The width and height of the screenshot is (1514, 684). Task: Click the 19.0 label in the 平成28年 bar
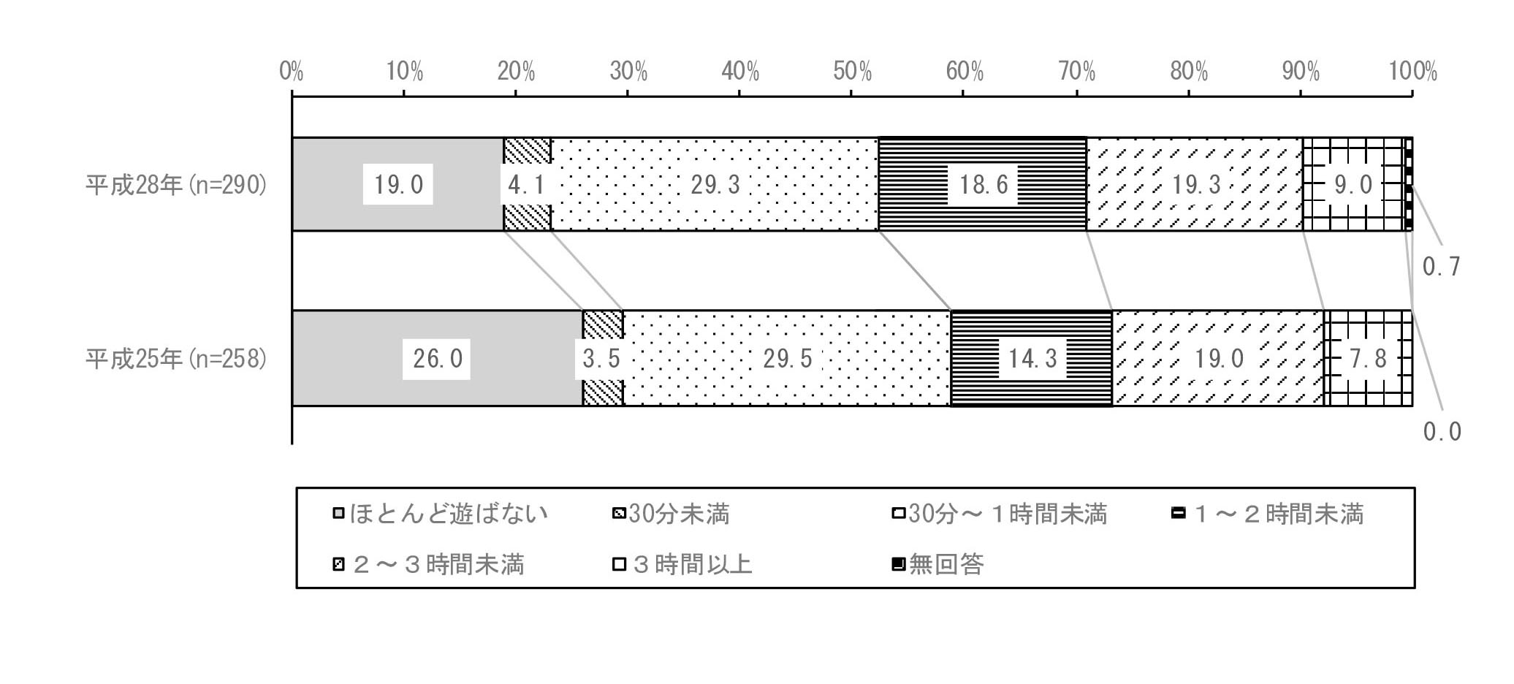398,185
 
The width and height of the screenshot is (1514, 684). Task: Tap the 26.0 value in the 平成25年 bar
437,359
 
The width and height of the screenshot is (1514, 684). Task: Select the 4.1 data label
526,185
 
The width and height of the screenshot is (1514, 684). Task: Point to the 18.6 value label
983,185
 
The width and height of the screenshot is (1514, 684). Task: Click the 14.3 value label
1032,359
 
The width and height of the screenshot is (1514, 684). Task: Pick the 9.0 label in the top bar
1353,185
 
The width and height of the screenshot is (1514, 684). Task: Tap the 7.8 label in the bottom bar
1367,359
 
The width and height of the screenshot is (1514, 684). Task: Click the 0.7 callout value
1441,267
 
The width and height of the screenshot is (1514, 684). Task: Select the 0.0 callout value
1442,432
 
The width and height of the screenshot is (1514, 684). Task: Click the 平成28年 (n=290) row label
176,185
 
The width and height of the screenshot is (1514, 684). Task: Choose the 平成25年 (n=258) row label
176,359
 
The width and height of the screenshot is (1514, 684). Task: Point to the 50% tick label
852,72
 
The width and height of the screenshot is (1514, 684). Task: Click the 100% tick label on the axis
1412,72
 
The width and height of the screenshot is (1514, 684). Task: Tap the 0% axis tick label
292,72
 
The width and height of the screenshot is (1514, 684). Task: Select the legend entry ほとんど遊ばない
440,514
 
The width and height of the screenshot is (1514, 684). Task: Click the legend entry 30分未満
670,514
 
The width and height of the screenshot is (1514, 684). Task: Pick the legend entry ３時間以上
682,564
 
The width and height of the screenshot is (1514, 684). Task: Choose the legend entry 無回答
938,564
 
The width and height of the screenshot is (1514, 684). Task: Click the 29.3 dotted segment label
715,185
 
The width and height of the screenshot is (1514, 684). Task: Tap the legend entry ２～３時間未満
428,564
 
